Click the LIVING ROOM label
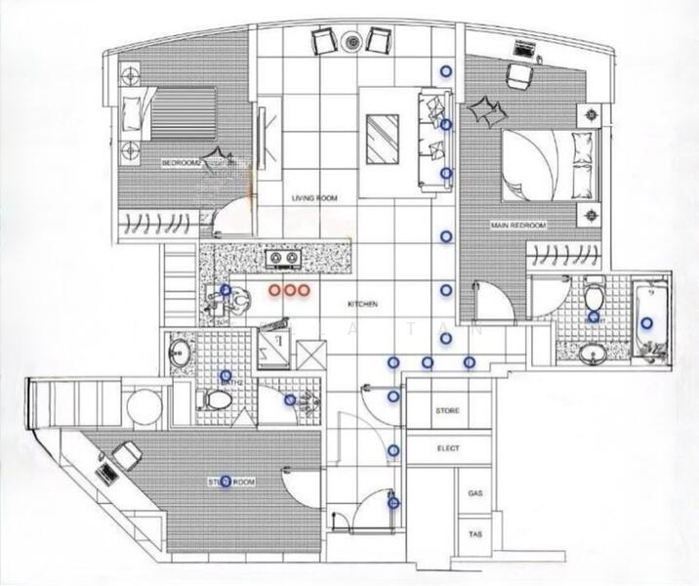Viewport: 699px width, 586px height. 313,198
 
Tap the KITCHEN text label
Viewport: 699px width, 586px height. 362,305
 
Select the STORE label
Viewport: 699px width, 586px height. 446,411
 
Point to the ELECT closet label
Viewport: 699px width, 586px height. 446,449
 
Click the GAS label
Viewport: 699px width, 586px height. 475,494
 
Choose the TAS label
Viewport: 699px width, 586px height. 475,536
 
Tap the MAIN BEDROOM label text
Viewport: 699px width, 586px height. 517,226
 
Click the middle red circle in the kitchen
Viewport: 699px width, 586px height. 289,290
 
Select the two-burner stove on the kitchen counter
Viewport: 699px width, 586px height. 284,259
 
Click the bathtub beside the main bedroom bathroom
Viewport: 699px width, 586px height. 646,322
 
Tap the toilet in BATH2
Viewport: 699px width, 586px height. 217,399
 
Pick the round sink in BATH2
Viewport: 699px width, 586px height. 181,353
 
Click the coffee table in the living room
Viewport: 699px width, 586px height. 382,138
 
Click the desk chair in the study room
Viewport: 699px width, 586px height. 127,454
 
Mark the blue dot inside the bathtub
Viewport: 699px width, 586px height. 646,323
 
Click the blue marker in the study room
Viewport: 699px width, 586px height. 226,481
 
